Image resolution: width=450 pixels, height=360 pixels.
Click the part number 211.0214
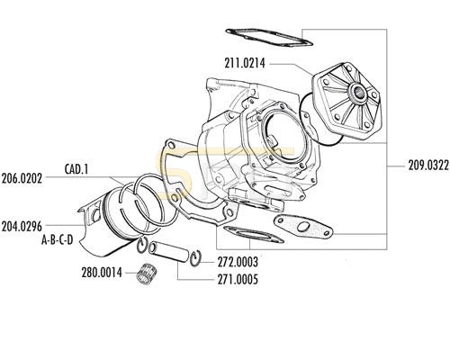(x=245, y=63)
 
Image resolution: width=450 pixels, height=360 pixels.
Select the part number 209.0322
(x=428, y=166)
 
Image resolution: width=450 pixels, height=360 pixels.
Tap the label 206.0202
(x=22, y=178)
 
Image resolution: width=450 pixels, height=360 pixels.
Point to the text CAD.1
(x=76, y=169)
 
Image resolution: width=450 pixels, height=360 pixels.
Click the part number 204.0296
(x=22, y=227)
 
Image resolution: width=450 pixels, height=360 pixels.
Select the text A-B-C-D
(x=57, y=240)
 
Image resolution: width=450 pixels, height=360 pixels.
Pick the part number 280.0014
(x=102, y=273)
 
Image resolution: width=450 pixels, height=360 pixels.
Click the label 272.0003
(x=238, y=262)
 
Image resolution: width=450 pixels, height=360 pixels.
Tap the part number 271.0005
(x=238, y=280)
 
